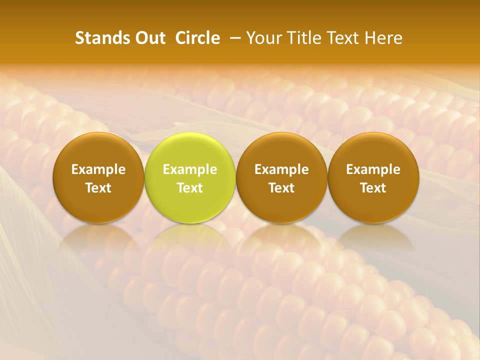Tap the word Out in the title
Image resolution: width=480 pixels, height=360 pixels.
tap(149, 38)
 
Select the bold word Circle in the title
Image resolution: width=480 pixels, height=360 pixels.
tap(197, 38)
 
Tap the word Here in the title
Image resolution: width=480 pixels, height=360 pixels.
tap(383, 38)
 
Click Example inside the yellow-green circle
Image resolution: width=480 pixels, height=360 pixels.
tap(190, 169)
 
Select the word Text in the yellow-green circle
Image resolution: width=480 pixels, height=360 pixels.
tap(190, 188)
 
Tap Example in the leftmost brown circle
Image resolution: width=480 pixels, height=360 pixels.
tap(98, 169)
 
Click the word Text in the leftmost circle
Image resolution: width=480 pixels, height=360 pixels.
tap(98, 188)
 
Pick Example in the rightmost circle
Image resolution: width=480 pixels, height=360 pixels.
tap(373, 169)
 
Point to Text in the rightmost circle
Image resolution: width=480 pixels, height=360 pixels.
tap(373, 188)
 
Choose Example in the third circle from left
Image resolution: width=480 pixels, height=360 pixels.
tap(281, 169)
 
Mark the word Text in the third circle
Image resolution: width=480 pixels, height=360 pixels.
tap(281, 188)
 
